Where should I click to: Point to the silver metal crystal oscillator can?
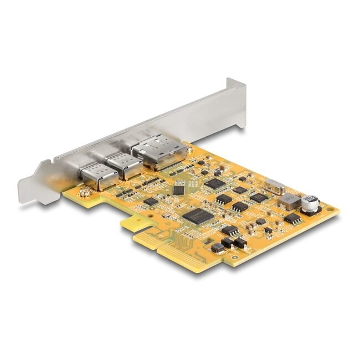pyautogui.click(x=275, y=188)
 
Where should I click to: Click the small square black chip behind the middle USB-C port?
pyautogui.click(x=178, y=189)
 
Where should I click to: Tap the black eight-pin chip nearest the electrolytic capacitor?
pyautogui.click(x=292, y=219)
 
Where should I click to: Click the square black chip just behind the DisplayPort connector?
pyautogui.click(x=215, y=183)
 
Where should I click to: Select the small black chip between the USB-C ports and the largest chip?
pyautogui.click(x=151, y=202)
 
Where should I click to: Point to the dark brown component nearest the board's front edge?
pyautogui.click(x=218, y=248)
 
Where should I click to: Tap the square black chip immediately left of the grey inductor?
pyautogui.click(x=258, y=197)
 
